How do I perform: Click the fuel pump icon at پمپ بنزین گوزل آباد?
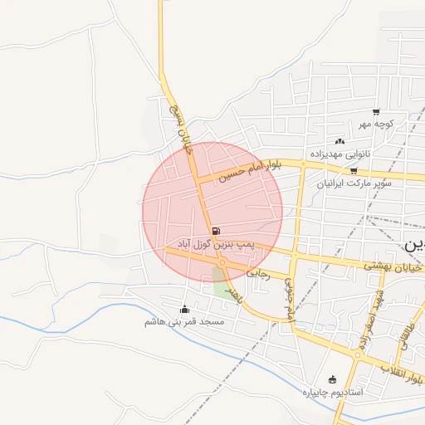point(216,231)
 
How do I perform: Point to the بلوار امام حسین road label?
point(252,171)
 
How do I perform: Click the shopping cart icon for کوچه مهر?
point(376,112)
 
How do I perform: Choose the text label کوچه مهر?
point(375,125)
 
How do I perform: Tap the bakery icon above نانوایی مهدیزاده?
point(340,141)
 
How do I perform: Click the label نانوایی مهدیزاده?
point(340,154)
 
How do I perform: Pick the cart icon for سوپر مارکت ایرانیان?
point(354,170)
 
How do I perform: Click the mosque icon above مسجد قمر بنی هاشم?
point(184,310)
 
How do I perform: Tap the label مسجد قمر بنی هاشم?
point(184,322)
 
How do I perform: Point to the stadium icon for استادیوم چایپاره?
point(333,379)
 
